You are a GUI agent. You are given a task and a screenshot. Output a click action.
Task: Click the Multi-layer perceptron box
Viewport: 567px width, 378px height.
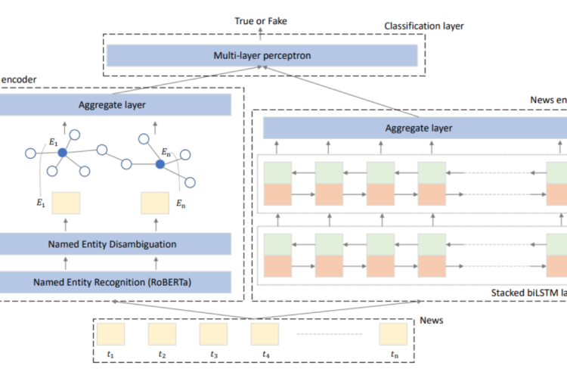pyautogui.click(x=262, y=55)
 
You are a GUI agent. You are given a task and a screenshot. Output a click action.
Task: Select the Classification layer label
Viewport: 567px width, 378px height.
pyautogui.click(x=423, y=26)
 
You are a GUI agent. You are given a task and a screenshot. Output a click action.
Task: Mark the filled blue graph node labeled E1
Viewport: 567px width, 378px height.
pyautogui.click(x=62, y=153)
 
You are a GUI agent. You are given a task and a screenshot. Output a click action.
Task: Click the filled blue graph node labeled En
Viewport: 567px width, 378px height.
pyautogui.click(x=160, y=164)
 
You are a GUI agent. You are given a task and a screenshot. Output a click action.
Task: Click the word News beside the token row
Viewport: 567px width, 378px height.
pyautogui.click(x=432, y=321)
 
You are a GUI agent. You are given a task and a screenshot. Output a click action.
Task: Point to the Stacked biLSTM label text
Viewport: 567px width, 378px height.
pyautogui.click(x=522, y=291)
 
